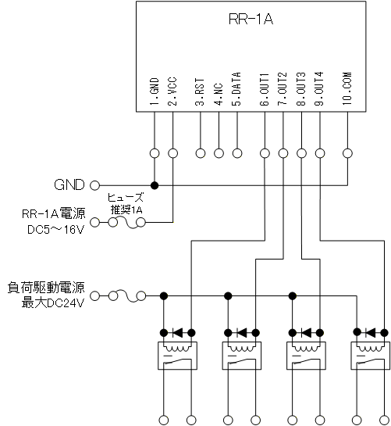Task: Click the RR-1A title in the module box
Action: pyautogui.click(x=251, y=19)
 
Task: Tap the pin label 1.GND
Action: pyautogui.click(x=155, y=91)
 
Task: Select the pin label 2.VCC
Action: pyautogui.click(x=172, y=91)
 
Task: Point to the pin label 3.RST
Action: pyautogui.click(x=200, y=91)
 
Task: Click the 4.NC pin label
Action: pyautogui.click(x=219, y=94)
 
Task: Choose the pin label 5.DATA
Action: pyautogui.click(x=236, y=89)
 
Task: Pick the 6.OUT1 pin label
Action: pyautogui.click(x=265, y=89)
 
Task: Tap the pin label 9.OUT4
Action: pyautogui.click(x=319, y=89)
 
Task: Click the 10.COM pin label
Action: pyautogui.click(x=347, y=88)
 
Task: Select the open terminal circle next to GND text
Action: pyautogui.click(x=94, y=185)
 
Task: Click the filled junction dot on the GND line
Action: pyautogui.click(x=155, y=185)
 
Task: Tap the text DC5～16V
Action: pyautogui.click(x=56, y=230)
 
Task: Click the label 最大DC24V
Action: pyautogui.click(x=53, y=303)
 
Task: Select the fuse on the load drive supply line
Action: pyautogui.click(x=127, y=296)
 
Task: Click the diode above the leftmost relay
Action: pyautogui.click(x=178, y=332)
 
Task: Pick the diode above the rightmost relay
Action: pyautogui.click(x=371, y=332)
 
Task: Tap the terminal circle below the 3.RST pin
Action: pyautogui.click(x=201, y=153)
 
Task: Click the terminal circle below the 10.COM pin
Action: pyautogui.click(x=347, y=153)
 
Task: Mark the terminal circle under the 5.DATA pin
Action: pyautogui.click(x=237, y=153)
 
